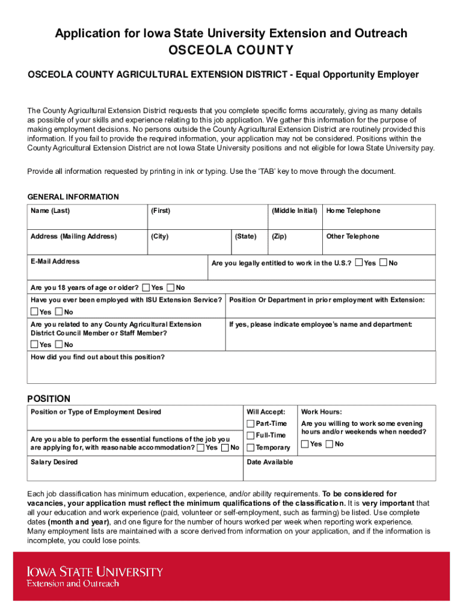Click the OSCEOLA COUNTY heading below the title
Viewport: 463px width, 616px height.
[x=231, y=50]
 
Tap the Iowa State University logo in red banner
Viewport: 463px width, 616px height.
[x=94, y=576]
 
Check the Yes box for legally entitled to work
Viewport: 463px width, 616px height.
[x=359, y=263]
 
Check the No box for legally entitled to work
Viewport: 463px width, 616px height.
[x=384, y=263]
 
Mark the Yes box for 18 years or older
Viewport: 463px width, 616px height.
[x=146, y=288]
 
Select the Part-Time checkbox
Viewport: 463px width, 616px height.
[x=251, y=424]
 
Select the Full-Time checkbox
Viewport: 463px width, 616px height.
[x=251, y=435]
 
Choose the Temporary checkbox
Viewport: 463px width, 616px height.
[x=251, y=447]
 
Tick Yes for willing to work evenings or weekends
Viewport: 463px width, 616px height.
[x=305, y=444]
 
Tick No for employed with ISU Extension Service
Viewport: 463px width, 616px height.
[x=59, y=312]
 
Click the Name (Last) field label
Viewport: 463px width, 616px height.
[x=51, y=211]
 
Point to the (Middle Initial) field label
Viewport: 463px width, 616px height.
[x=294, y=211]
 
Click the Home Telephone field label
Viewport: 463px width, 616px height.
[x=353, y=211]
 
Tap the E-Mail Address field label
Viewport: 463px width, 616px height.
[x=55, y=262]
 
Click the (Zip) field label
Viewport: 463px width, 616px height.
[x=279, y=236]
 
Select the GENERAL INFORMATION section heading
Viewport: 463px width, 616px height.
[x=73, y=197]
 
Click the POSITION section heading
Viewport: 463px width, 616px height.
[x=49, y=399]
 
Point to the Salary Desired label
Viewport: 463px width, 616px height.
[x=54, y=462]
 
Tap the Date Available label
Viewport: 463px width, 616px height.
[x=270, y=462]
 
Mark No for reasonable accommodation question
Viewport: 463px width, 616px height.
[x=225, y=448]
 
